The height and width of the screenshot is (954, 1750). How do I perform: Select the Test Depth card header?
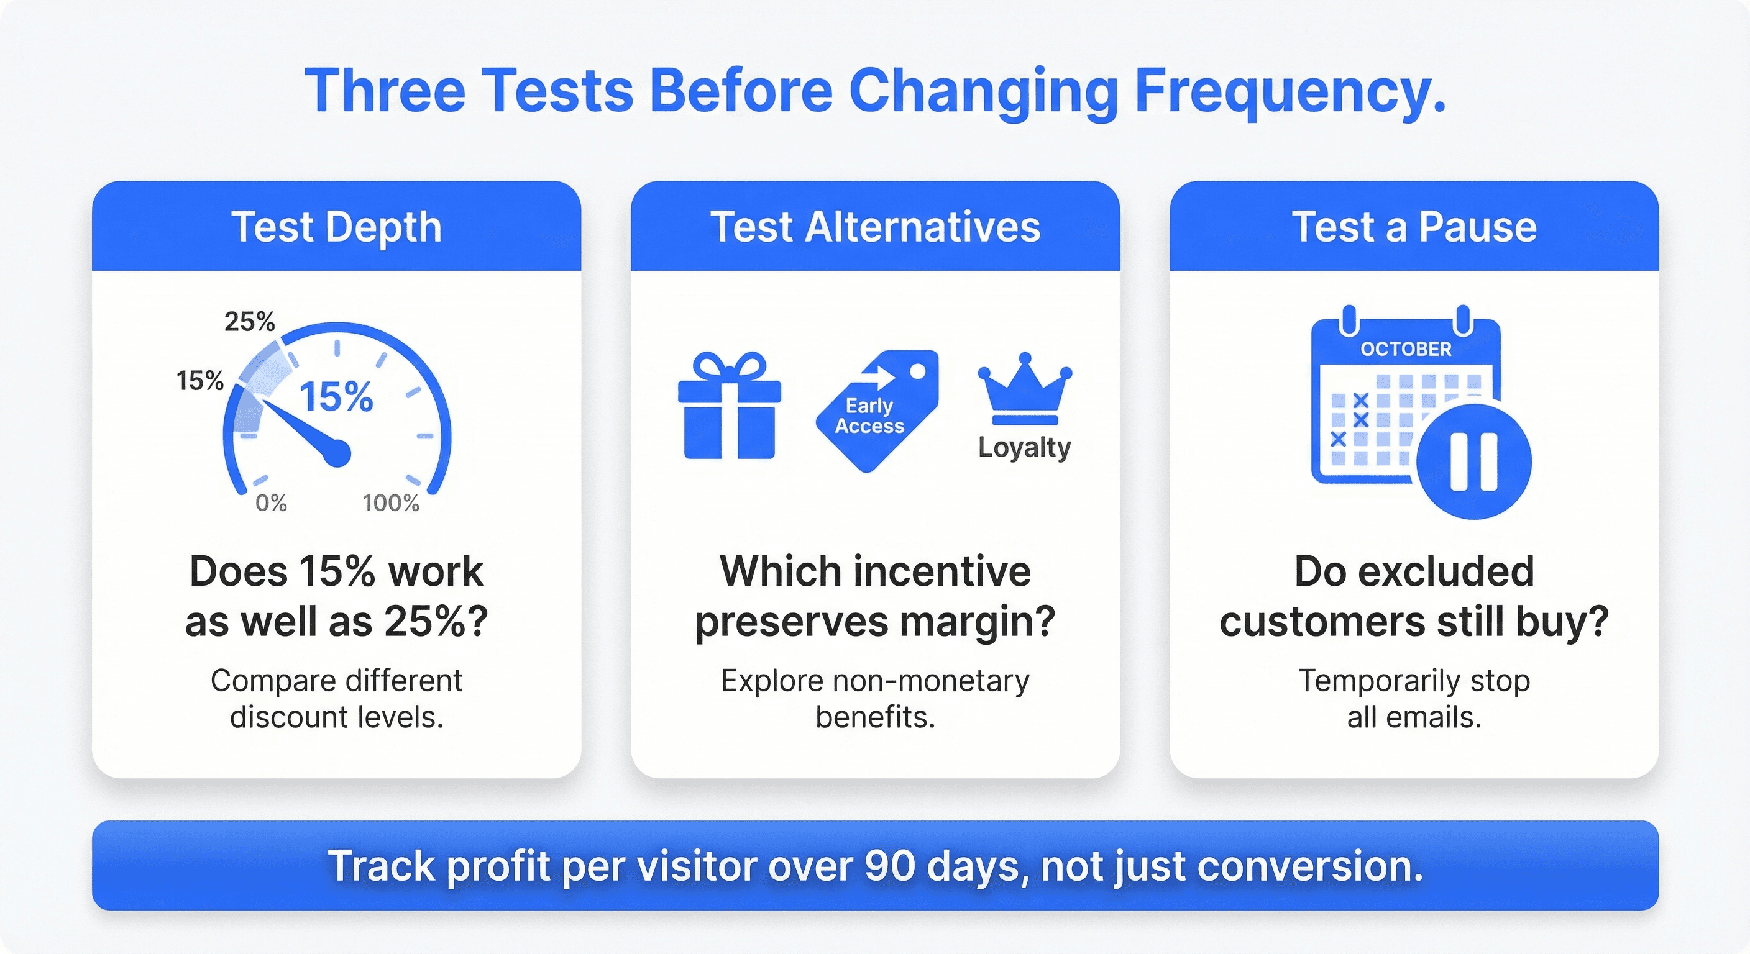point(336,226)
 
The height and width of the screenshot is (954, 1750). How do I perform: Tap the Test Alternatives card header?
point(875,226)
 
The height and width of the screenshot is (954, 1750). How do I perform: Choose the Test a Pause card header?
point(1414,226)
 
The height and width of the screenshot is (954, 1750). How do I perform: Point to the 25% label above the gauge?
point(250,321)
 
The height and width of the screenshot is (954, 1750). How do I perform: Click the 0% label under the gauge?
point(271,503)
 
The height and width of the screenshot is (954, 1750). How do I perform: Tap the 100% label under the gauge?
point(391,503)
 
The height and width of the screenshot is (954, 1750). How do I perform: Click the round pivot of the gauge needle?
point(336,453)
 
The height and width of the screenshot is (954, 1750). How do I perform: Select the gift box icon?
point(730,406)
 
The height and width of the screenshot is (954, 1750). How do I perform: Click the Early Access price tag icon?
point(877,411)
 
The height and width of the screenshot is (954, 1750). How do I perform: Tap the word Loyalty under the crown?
point(1024,447)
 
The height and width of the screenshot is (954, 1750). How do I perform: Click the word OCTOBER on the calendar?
point(1406,349)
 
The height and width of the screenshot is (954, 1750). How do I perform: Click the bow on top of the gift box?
point(730,366)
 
